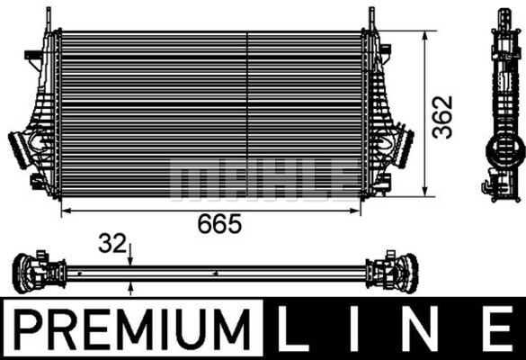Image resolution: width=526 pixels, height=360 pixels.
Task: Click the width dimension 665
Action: tap(221, 225)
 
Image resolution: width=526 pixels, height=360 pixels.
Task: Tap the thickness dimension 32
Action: tap(113, 244)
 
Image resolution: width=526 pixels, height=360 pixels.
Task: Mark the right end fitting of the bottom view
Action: tap(393, 270)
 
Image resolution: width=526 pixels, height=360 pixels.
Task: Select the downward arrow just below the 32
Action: tap(131, 260)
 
